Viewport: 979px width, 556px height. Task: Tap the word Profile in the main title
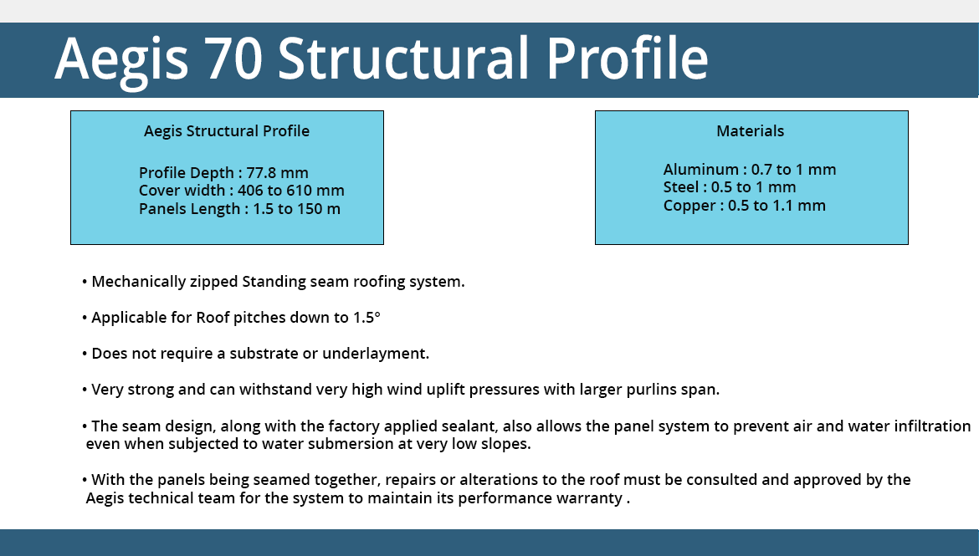pyautogui.click(x=628, y=59)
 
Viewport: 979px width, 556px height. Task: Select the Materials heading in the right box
pyautogui.click(x=750, y=131)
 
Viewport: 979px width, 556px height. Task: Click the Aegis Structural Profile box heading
pyautogui.click(x=227, y=131)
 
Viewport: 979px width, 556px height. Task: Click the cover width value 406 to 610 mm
pyautogui.click(x=291, y=191)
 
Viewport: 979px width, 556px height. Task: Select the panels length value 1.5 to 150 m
pyautogui.click(x=296, y=208)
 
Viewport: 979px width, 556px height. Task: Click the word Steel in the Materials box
pyautogui.click(x=680, y=187)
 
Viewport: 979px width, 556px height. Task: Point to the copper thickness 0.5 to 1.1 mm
pyautogui.click(x=777, y=206)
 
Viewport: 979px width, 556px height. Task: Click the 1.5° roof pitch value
pyautogui.click(x=366, y=318)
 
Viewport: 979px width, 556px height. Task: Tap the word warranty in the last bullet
pyautogui.click(x=592, y=498)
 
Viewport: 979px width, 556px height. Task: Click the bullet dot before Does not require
pyautogui.click(x=85, y=354)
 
